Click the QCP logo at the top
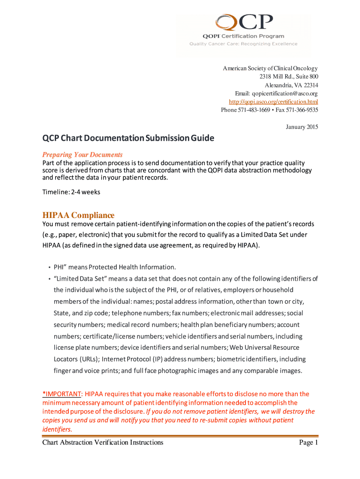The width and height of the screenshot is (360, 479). coord(244,22)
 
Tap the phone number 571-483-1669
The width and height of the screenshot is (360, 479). coord(256,110)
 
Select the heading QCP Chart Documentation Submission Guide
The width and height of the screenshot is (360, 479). coord(128,138)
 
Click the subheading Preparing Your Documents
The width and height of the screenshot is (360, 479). coord(82,154)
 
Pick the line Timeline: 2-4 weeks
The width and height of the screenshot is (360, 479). coord(71,192)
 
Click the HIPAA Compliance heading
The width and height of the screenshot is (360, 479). coord(78,215)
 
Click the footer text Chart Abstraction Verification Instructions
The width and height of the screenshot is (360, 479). coord(102,443)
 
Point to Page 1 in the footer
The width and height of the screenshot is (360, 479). coord(308,443)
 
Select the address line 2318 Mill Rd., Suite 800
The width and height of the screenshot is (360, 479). coord(289,77)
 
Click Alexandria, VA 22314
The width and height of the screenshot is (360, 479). coord(292,85)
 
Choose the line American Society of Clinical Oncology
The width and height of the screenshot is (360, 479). coord(270,68)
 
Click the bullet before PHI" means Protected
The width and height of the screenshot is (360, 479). coord(50,268)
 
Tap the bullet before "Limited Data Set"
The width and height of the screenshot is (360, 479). coord(50,279)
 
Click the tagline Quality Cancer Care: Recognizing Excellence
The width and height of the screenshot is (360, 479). coord(243,44)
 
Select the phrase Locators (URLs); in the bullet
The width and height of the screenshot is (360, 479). coord(76,359)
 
